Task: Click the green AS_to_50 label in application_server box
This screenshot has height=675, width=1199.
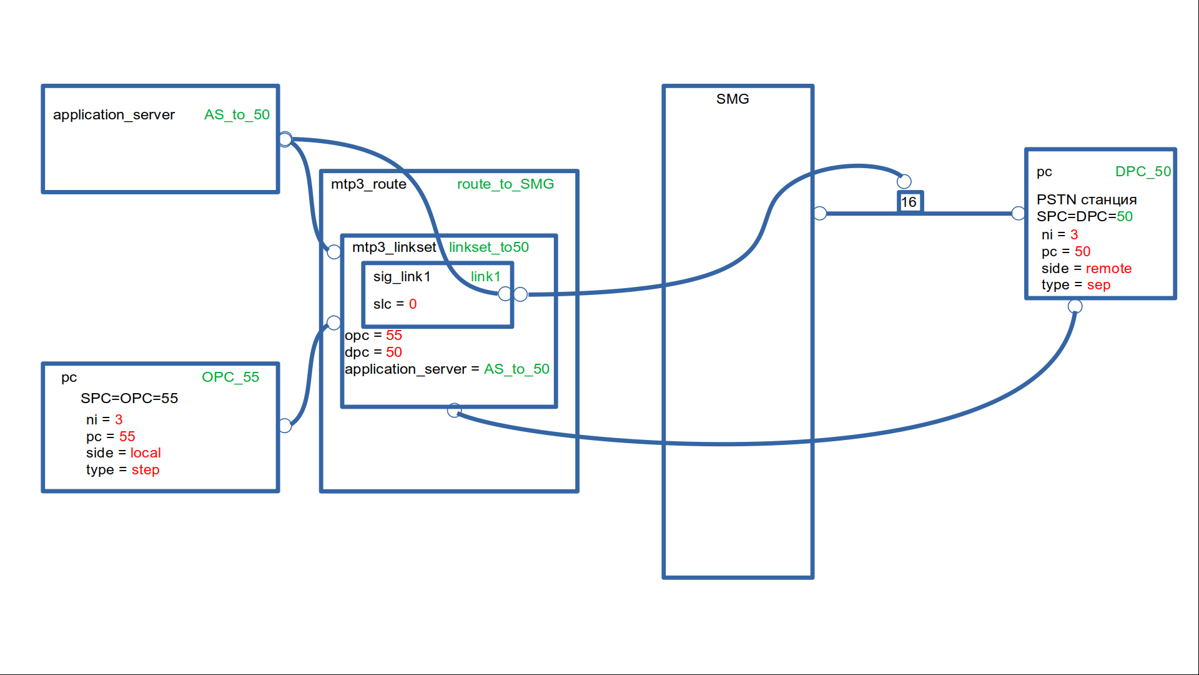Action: pos(237,115)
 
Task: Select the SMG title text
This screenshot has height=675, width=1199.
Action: pos(733,99)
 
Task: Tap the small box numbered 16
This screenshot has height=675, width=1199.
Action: pos(909,202)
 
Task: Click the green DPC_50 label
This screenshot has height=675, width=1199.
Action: pos(1143,172)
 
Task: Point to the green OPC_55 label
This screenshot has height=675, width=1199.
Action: pos(230,377)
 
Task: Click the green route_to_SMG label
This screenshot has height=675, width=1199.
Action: pos(505,184)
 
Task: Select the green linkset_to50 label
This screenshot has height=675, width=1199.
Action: pos(488,247)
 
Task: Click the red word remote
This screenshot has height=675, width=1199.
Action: pos(1108,269)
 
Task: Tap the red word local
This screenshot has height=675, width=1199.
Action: pos(146,453)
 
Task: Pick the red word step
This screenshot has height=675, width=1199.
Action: pos(146,470)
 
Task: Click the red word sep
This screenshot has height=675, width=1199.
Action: pos(1098,286)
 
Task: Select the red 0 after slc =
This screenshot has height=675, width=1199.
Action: pos(413,304)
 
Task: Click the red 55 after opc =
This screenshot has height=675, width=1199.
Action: pos(394,336)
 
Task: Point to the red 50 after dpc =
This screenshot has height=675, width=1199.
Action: pos(394,352)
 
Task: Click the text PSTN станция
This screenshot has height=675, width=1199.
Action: pos(1087,200)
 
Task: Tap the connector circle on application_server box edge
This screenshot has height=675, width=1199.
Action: pos(285,139)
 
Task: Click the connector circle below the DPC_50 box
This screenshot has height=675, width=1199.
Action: pos(1075,306)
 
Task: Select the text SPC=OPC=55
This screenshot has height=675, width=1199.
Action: pos(129,399)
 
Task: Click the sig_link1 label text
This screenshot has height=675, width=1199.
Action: pos(402,277)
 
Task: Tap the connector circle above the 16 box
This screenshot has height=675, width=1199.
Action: pos(904,181)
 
